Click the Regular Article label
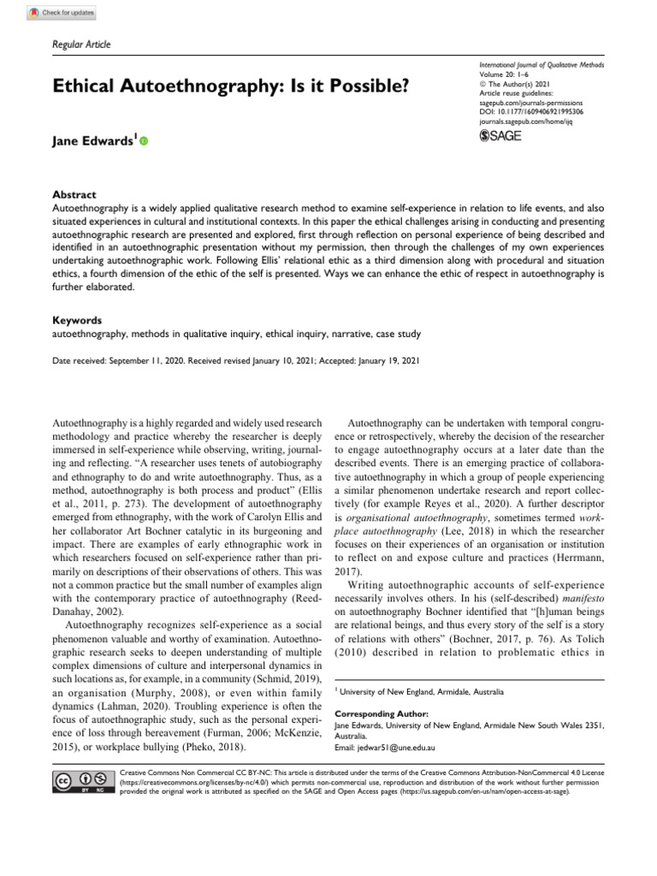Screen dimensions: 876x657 82,44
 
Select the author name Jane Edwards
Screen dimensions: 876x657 89,139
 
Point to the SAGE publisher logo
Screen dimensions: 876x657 500,135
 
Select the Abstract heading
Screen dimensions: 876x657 74,194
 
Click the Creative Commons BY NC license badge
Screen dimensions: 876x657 86,783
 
